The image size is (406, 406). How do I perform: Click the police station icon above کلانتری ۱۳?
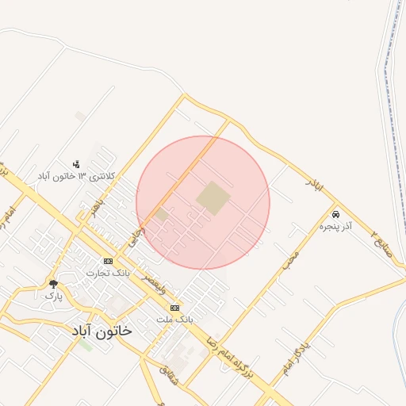(76, 163)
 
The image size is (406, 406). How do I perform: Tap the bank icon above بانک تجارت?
(108, 261)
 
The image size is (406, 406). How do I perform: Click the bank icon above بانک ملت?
(174, 308)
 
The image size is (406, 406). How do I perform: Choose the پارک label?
(53, 295)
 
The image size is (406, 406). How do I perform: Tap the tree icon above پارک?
(53, 283)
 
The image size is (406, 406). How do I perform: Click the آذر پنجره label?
(335, 227)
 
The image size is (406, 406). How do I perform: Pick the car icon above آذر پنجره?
(336, 215)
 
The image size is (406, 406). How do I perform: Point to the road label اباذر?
(315, 186)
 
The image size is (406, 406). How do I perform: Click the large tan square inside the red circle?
(213, 198)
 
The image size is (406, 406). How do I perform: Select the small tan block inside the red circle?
(162, 214)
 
